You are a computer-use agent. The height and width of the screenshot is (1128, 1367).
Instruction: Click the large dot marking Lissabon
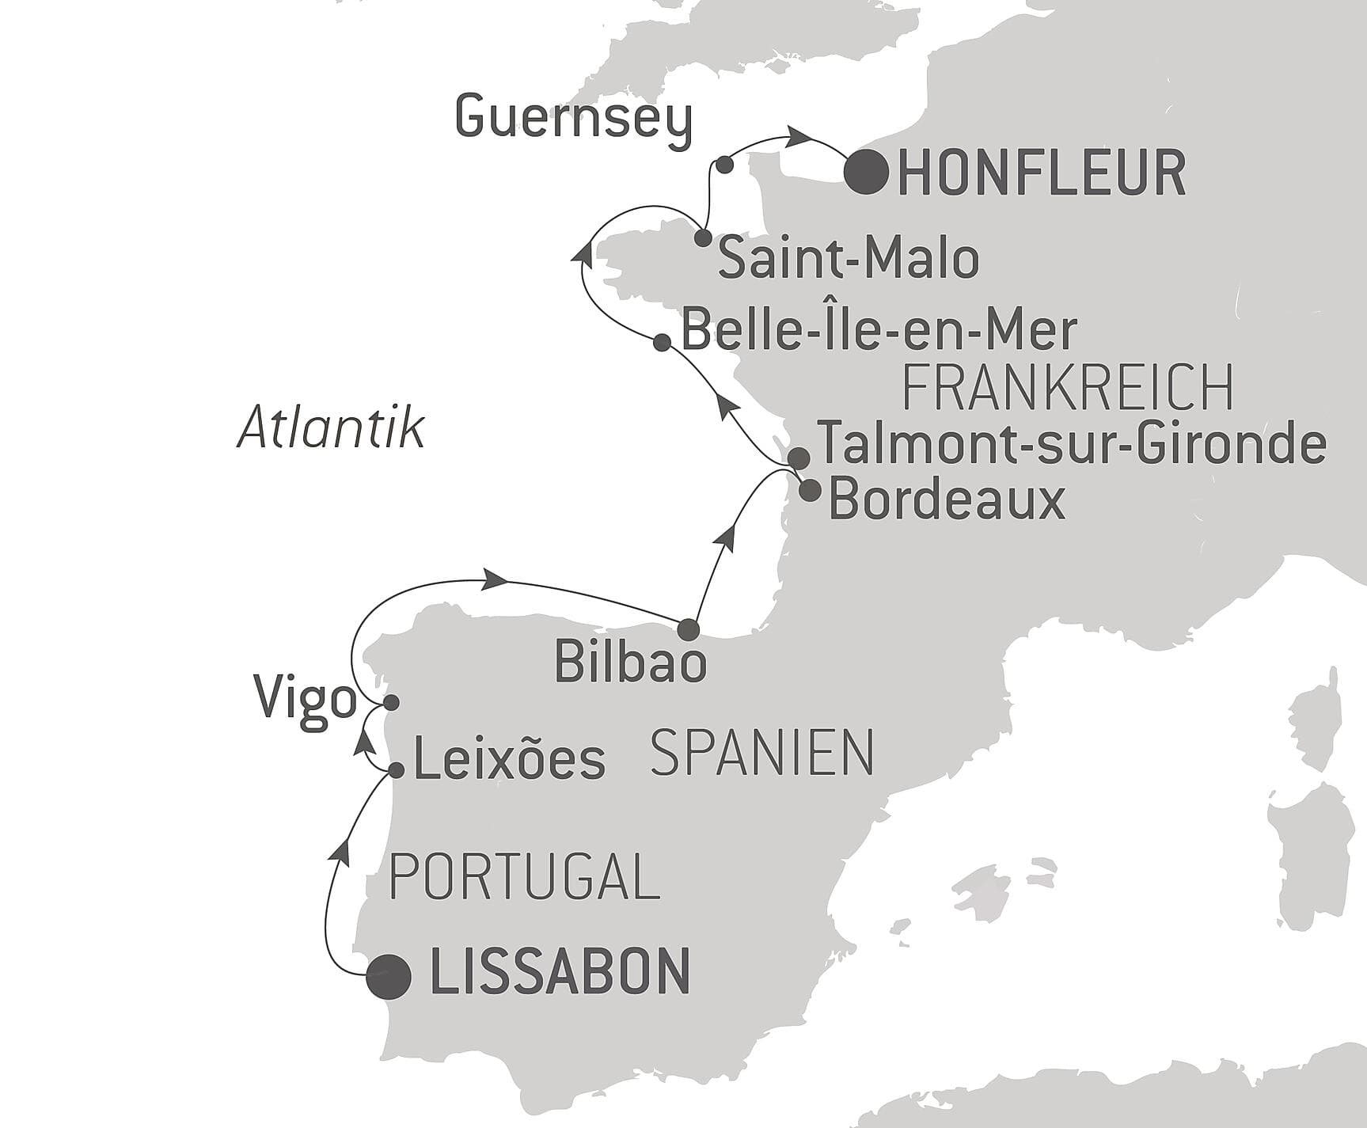point(389,976)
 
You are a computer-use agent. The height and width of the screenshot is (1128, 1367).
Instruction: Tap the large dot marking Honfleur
point(867,171)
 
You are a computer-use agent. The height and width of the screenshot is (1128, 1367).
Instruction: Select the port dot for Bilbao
point(689,629)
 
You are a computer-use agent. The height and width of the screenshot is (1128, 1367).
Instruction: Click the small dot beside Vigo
point(390,703)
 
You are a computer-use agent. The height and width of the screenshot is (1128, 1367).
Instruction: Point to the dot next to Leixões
point(397,769)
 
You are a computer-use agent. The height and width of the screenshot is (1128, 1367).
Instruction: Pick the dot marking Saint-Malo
point(702,237)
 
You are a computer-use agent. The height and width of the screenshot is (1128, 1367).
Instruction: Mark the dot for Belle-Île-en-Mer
point(663,342)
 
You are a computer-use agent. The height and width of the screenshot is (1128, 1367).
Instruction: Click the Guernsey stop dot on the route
point(723,165)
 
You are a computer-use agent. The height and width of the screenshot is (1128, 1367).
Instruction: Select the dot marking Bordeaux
point(809,490)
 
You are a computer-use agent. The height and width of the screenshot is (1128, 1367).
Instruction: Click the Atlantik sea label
point(331,428)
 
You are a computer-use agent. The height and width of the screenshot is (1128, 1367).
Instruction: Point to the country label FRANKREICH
point(1068,388)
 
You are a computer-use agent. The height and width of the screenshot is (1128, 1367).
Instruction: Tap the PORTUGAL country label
point(524,878)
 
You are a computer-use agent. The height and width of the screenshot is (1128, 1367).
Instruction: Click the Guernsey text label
point(574,120)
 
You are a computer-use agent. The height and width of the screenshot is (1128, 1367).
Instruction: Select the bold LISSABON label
point(560,972)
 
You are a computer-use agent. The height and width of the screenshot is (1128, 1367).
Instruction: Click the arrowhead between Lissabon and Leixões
point(340,851)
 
